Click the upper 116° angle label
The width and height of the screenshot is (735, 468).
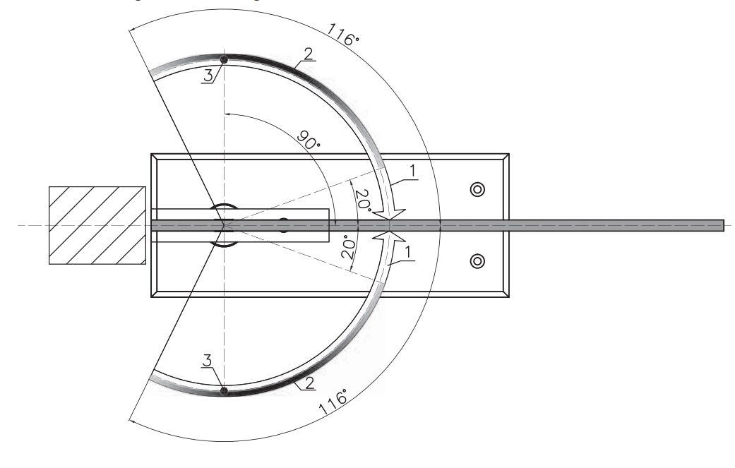tap(343, 35)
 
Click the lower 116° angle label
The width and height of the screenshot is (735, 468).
tap(333, 402)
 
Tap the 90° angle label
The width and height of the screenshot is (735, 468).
tap(309, 140)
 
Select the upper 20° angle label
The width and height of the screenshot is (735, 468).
tap(364, 200)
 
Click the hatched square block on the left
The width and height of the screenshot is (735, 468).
tap(97, 225)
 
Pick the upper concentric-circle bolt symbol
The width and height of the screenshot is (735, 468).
tap(477, 190)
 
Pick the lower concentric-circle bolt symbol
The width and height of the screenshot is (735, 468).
tap(477, 261)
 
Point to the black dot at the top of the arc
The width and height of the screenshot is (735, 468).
tap(224, 60)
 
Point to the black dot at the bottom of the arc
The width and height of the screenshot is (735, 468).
tap(224, 390)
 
